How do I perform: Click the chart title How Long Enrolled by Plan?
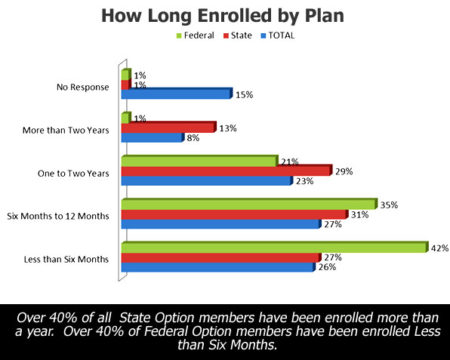(x=223, y=16)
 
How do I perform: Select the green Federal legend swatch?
(x=179, y=36)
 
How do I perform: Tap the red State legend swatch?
(x=226, y=36)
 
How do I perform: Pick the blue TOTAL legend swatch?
(x=264, y=36)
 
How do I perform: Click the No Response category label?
(x=82, y=87)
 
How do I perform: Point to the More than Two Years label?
(x=66, y=131)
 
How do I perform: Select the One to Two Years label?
(x=73, y=174)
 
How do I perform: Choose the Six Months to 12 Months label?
(x=58, y=216)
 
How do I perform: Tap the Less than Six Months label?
(x=66, y=260)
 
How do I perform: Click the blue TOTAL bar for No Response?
(x=177, y=94)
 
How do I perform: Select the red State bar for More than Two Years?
(x=169, y=127)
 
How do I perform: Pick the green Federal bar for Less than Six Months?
(x=275, y=248)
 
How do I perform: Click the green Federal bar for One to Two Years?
(x=200, y=161)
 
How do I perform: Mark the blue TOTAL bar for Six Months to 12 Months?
(x=221, y=223)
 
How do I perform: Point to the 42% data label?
(x=440, y=248)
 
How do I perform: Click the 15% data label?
(x=244, y=94)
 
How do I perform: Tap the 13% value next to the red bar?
(x=228, y=128)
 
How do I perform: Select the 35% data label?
(x=389, y=205)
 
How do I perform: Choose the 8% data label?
(x=193, y=138)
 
